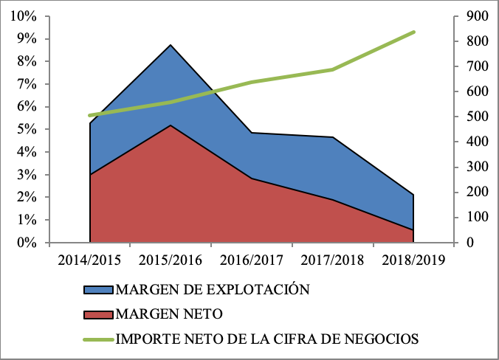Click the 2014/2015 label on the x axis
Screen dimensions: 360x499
pos(90,261)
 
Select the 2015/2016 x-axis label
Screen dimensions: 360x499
pos(171,261)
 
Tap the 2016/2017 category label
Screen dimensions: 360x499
pos(252,261)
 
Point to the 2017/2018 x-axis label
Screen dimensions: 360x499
pos(332,261)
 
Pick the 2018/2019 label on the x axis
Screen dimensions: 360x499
pos(413,261)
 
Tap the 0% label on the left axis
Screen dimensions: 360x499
pos(27,243)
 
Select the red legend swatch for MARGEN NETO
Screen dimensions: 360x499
pos(97,314)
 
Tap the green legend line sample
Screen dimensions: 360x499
pos(97,339)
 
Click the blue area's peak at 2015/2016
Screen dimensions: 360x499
pos(171,45)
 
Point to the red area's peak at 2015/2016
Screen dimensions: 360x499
pos(171,125)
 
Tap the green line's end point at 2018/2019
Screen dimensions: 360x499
pos(413,32)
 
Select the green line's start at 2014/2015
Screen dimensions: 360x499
pos(90,116)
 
